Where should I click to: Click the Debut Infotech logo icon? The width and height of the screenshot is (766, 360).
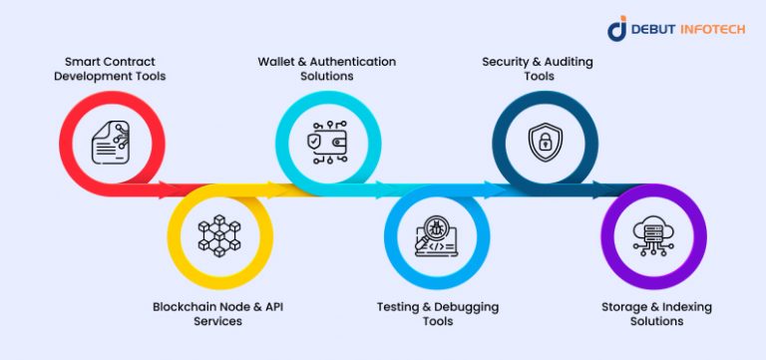click(x=617, y=29)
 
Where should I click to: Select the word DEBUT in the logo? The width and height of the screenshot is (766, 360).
click(x=654, y=30)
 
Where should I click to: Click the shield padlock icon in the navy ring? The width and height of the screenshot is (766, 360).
click(x=545, y=142)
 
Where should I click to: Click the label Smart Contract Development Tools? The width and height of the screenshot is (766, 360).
click(x=110, y=68)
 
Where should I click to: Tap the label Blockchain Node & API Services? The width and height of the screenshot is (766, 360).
click(x=217, y=313)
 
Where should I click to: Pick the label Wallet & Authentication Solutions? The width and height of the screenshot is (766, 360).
click(x=327, y=68)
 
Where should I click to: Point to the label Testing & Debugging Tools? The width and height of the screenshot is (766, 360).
click(x=437, y=313)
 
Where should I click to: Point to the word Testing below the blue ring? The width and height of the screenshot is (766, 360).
click(x=399, y=306)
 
